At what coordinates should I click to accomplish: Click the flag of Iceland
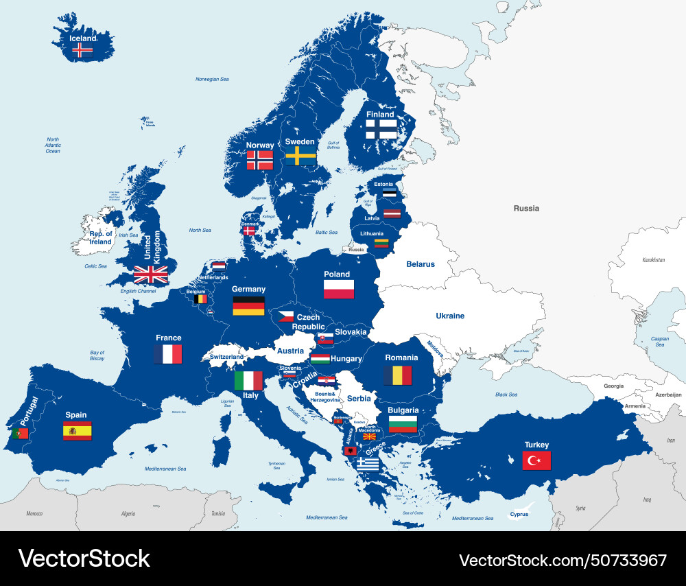click(x=82, y=49)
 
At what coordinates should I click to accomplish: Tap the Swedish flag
click(x=300, y=156)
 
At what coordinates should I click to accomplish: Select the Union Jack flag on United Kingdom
click(x=150, y=274)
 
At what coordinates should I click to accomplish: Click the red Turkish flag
click(x=536, y=460)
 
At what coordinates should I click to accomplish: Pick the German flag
click(x=248, y=306)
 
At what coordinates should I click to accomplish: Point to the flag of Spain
click(x=77, y=430)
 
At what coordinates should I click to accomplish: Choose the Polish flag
click(x=339, y=289)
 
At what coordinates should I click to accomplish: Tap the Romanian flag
click(x=397, y=375)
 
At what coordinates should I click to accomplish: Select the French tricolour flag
click(x=168, y=354)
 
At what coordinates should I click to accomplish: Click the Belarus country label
click(x=421, y=264)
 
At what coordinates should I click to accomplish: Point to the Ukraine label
click(x=450, y=316)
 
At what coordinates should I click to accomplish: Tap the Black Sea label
click(x=506, y=395)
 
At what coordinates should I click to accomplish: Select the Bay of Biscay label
click(x=97, y=355)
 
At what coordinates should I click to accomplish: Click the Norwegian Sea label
click(x=212, y=79)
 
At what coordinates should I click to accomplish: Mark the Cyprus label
click(x=519, y=513)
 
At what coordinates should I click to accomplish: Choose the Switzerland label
click(x=226, y=357)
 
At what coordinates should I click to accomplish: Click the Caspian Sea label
click(x=659, y=341)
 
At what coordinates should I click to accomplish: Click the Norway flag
click(x=260, y=161)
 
